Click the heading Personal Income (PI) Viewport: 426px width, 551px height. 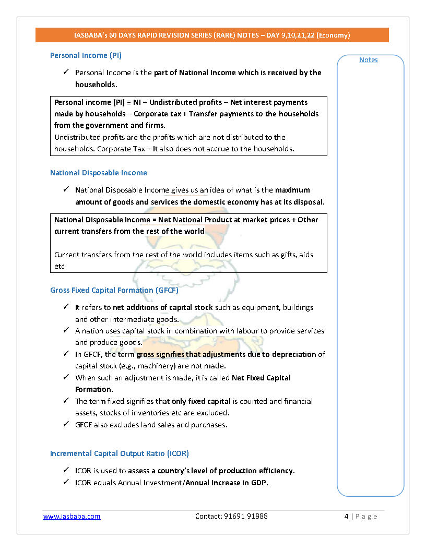(86, 55)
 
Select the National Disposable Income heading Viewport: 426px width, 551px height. (99, 173)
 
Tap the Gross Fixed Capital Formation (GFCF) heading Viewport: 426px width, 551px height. (114, 290)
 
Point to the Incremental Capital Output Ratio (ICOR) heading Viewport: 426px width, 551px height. (120, 453)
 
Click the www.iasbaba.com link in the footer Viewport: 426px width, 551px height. (72, 516)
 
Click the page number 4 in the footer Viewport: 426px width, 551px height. (347, 516)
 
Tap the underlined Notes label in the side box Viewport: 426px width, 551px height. (368, 60)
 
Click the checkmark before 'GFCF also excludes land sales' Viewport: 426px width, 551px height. (66, 424)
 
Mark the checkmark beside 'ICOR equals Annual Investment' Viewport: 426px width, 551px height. (66, 482)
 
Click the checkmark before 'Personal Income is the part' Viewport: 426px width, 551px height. (66, 72)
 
